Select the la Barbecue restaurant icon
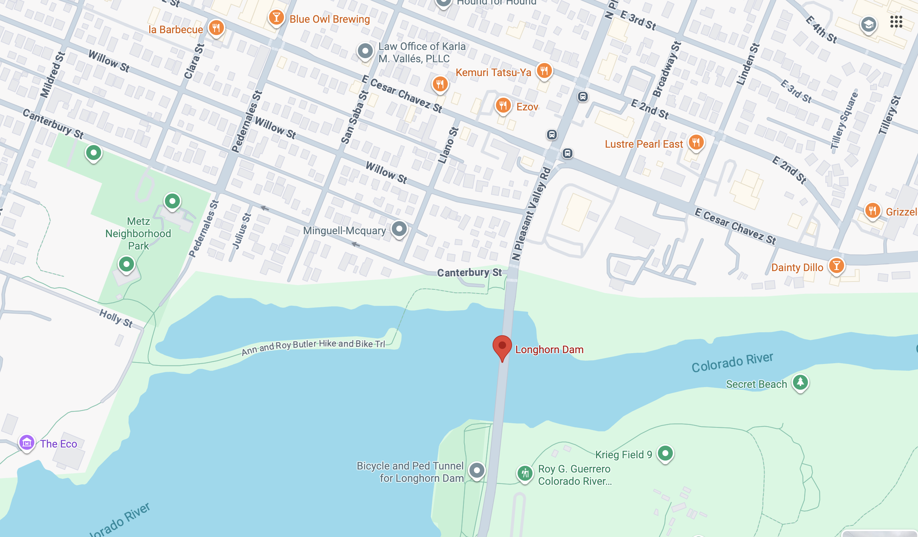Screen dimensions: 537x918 point(216,28)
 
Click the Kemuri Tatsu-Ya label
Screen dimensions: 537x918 point(493,72)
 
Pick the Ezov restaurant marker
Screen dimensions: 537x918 point(503,106)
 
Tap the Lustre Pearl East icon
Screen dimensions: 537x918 point(696,142)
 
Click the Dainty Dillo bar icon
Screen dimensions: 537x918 point(836,266)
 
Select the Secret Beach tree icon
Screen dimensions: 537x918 point(800,382)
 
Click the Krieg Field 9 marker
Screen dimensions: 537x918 point(665,453)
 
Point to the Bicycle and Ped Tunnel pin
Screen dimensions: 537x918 point(477,471)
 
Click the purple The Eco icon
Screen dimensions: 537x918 point(27,443)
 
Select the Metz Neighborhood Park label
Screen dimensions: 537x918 point(138,233)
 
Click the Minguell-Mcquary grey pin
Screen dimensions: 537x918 point(399,229)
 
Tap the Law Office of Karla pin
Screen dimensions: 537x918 point(365,51)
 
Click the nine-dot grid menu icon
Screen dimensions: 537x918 point(896,22)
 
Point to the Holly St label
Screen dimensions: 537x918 point(116,318)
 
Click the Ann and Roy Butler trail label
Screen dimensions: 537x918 point(313,346)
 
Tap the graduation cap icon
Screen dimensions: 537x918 point(868,25)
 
